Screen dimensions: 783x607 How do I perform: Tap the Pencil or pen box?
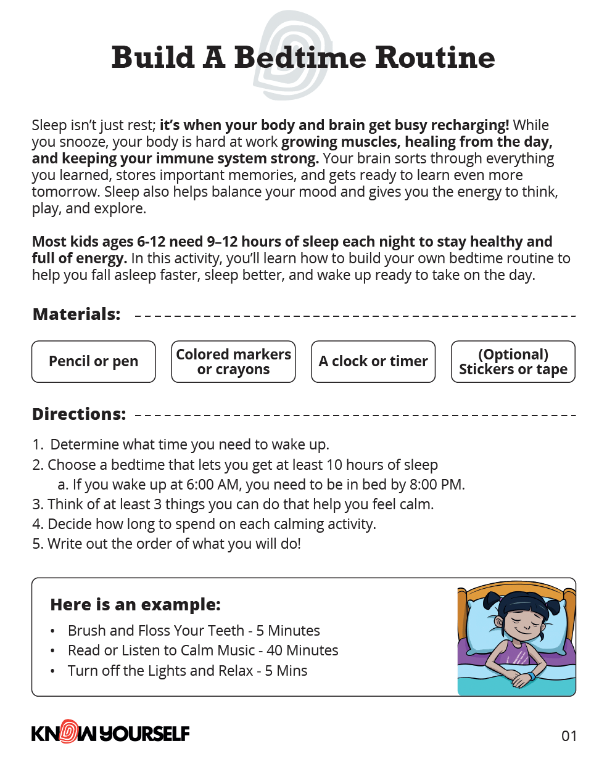94,361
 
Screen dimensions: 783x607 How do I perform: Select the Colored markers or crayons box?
233,361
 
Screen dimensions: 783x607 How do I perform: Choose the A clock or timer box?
373,361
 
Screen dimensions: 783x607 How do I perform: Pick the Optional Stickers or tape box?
513,361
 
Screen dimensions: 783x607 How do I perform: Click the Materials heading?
76,314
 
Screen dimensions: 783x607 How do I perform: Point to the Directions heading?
79,414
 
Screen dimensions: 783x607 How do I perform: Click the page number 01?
569,736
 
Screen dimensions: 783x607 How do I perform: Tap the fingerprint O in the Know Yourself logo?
70,732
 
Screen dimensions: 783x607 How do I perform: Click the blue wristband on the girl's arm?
530,676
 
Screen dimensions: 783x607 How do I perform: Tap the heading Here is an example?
135,605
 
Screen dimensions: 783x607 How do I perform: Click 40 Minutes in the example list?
302,650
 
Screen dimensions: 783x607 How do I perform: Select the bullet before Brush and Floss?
53,631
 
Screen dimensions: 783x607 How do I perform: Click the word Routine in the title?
435,58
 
